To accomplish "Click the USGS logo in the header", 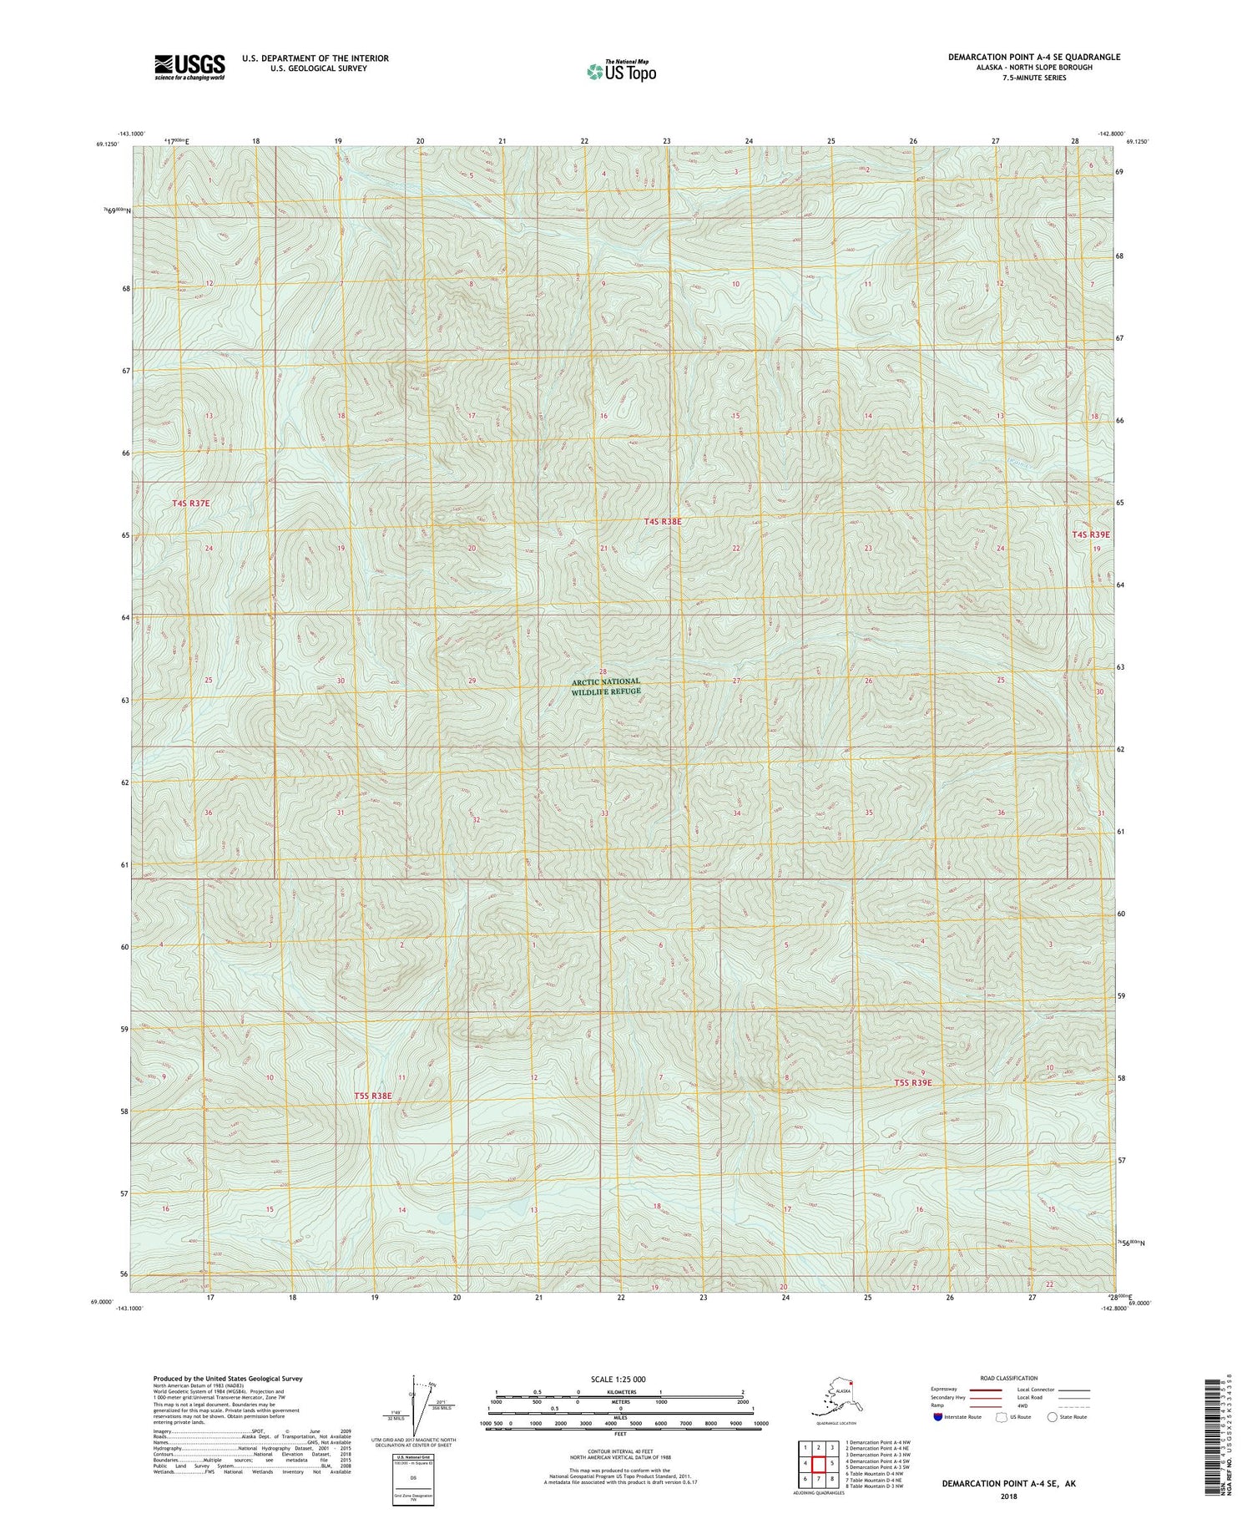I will tap(189, 67).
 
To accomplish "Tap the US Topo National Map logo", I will tap(622, 71).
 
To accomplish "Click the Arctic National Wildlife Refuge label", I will tap(607, 686).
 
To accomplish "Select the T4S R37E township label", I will tap(191, 504).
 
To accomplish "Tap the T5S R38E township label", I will tap(372, 1095).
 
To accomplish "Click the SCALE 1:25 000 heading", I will tap(618, 1379).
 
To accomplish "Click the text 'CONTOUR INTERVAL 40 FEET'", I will tap(620, 1452).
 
